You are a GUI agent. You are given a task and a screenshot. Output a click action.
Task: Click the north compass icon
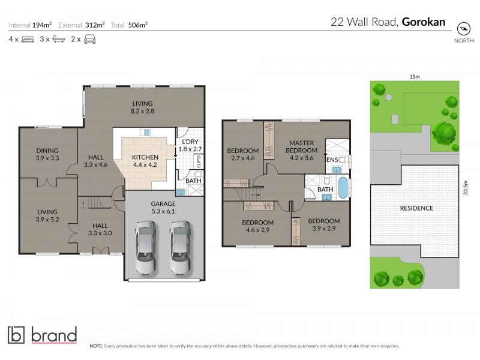462,28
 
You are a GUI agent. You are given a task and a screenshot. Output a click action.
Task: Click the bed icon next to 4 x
28,40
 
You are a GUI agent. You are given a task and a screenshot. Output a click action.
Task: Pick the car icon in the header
90,40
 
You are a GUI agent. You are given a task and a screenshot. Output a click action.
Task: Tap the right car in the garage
180,246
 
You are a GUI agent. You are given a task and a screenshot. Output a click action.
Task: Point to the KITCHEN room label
145,158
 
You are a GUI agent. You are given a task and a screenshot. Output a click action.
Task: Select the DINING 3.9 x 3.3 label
47,155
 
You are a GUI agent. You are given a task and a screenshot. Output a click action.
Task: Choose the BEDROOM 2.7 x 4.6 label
244,154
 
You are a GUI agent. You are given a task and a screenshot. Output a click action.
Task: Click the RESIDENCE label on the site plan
416,208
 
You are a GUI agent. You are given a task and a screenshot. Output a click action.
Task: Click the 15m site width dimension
414,76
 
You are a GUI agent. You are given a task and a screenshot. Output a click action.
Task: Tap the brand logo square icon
17,335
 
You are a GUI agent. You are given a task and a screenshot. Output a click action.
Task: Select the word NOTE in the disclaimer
96,346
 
